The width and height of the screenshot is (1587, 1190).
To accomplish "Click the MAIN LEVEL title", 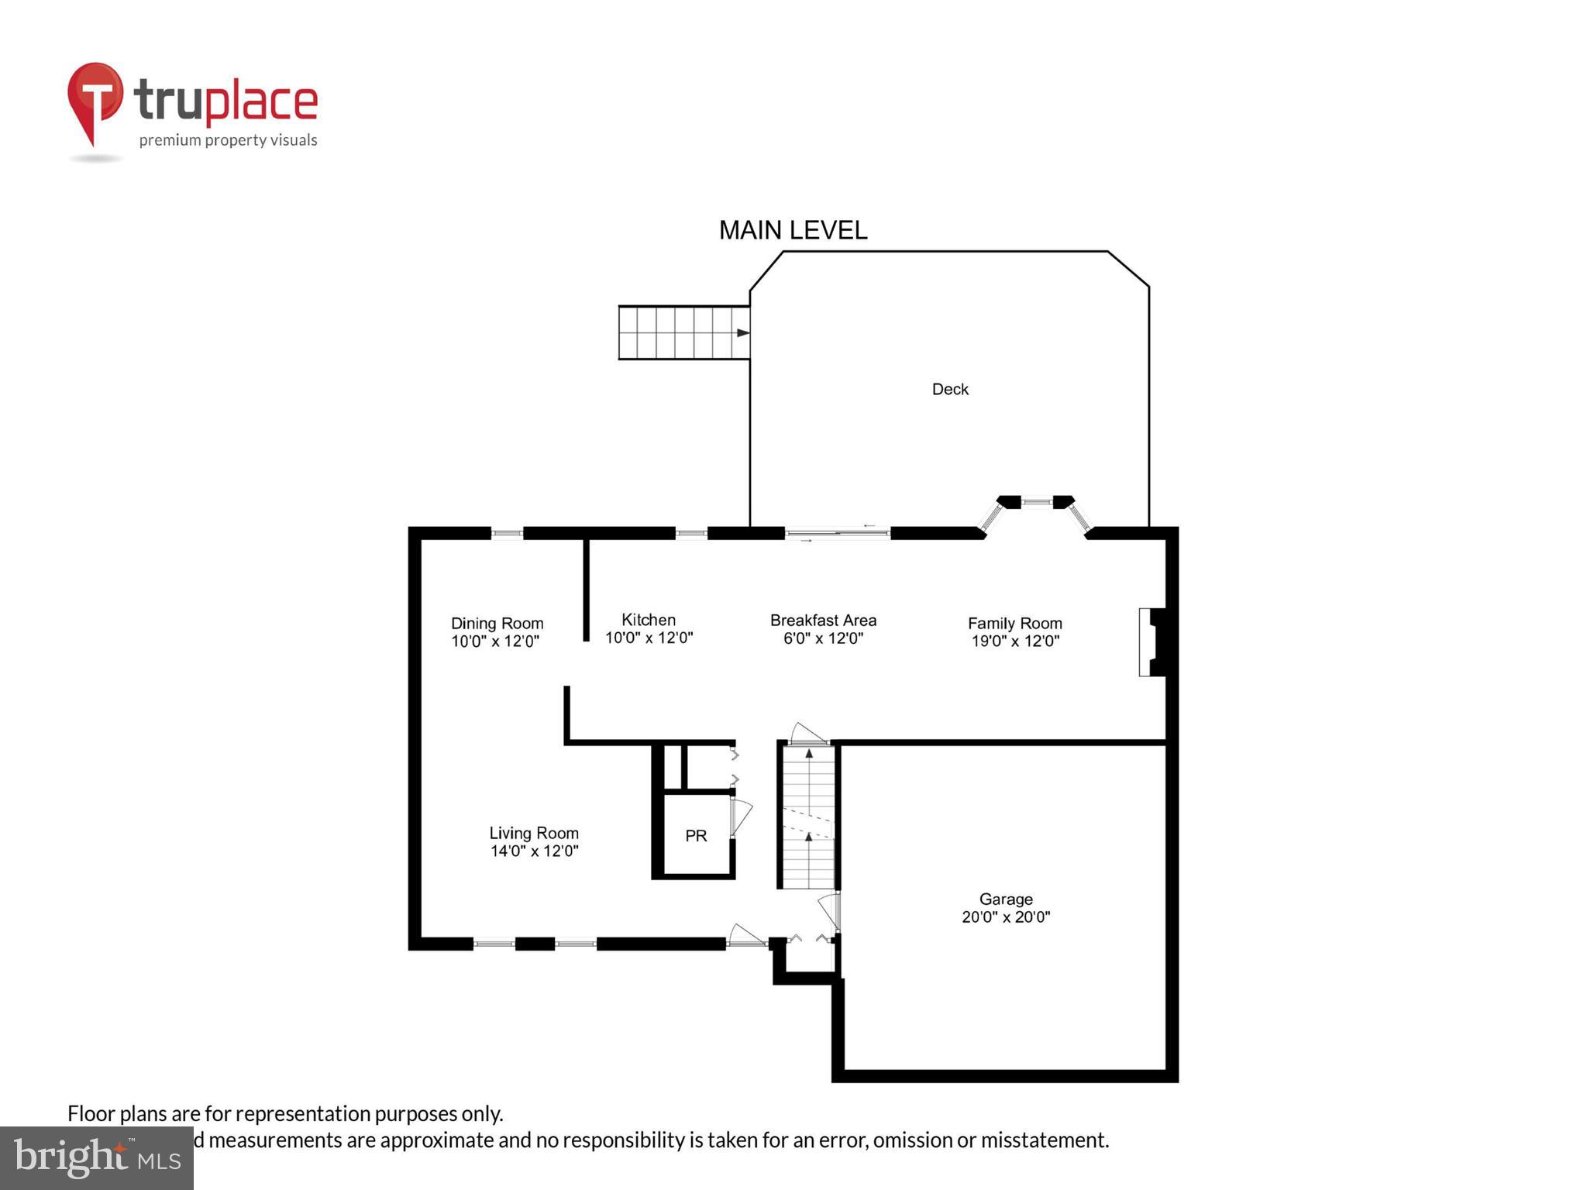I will pos(793,230).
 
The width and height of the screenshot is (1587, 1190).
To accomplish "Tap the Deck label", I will pos(950,389).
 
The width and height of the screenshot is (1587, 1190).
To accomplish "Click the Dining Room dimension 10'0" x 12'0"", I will pos(495,641).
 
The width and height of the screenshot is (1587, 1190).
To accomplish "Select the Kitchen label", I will pos(649,620).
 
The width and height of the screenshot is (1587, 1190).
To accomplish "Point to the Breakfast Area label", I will pos(823,621).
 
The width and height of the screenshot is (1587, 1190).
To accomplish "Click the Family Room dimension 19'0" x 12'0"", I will pos(1015,641).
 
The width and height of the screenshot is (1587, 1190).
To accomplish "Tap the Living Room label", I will pos(534,833).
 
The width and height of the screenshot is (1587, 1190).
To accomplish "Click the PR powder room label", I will pos(696,836).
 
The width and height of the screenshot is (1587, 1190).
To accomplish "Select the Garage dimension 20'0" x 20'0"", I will pos(1006,917).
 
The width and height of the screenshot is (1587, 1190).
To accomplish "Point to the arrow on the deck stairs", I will pos(742,333).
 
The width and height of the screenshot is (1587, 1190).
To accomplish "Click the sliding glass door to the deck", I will pos(838,533).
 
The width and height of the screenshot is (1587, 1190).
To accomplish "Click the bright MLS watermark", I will pos(97,1157).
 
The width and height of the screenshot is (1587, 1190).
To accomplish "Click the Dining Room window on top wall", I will pos(507,533).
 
